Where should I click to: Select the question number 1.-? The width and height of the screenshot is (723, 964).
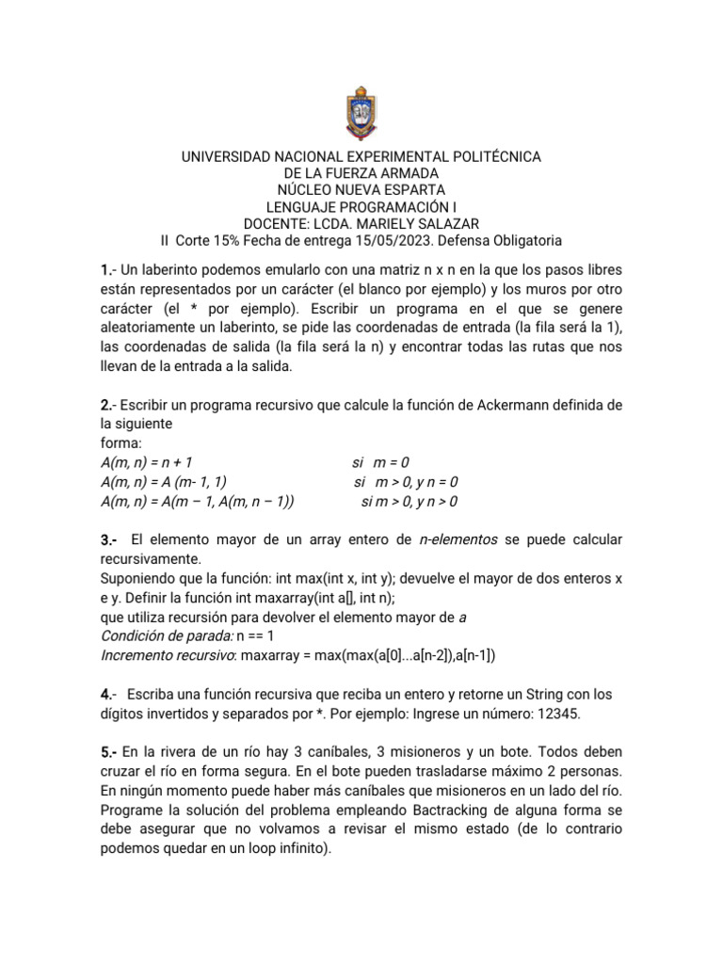(x=109, y=271)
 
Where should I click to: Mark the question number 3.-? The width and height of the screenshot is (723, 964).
(x=109, y=539)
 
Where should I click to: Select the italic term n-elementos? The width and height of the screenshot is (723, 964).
(x=458, y=539)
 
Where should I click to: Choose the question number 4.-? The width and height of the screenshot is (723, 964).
(x=109, y=695)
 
